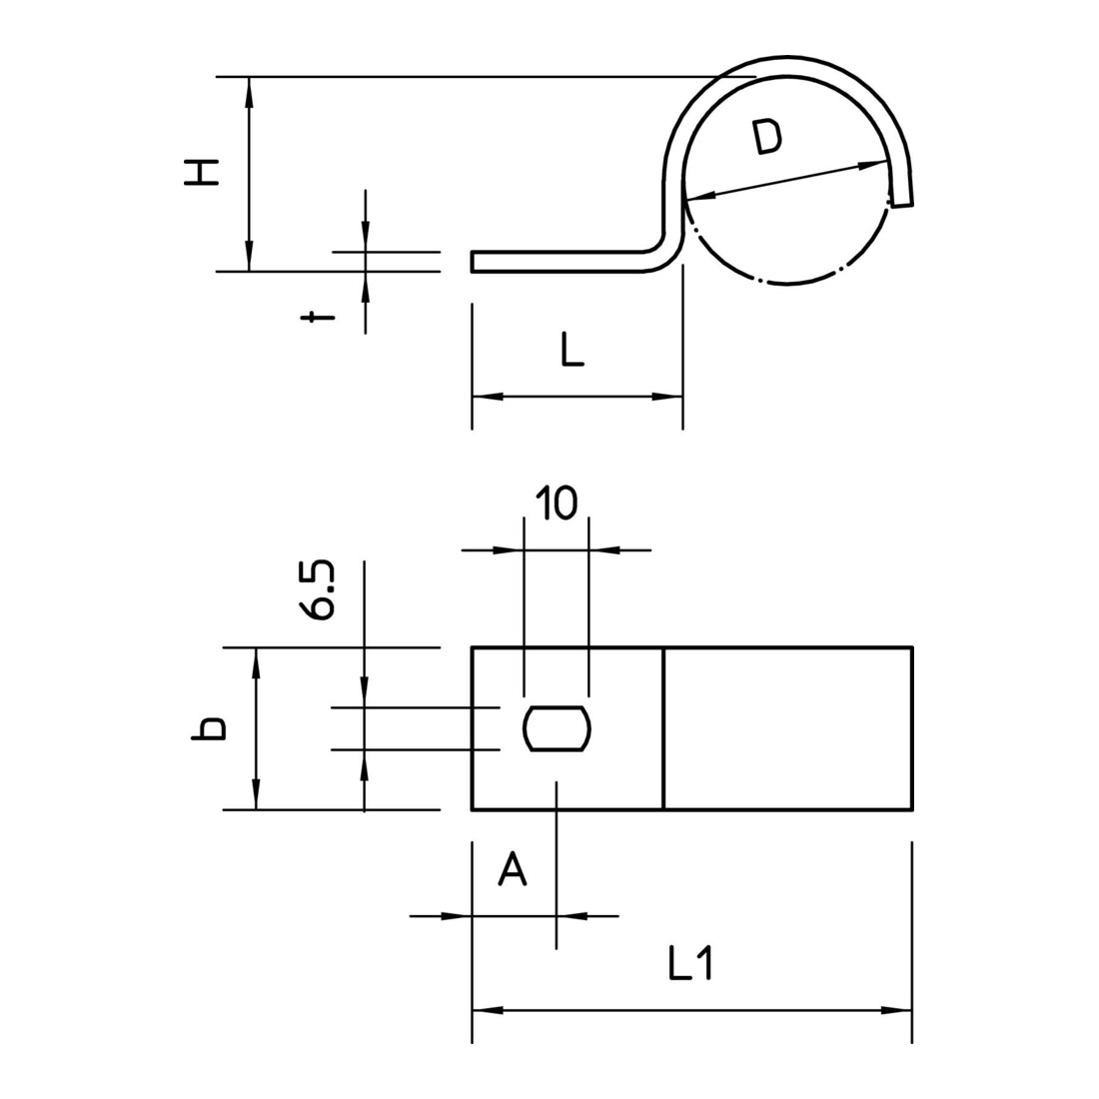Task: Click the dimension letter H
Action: click(201, 172)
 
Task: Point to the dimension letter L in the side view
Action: click(571, 351)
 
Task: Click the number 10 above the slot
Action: click(556, 503)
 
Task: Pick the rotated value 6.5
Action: click(318, 589)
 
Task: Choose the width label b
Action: click(208, 729)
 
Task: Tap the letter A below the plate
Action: click(513, 870)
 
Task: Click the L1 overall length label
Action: click(690, 963)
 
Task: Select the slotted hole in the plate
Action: click(557, 729)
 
